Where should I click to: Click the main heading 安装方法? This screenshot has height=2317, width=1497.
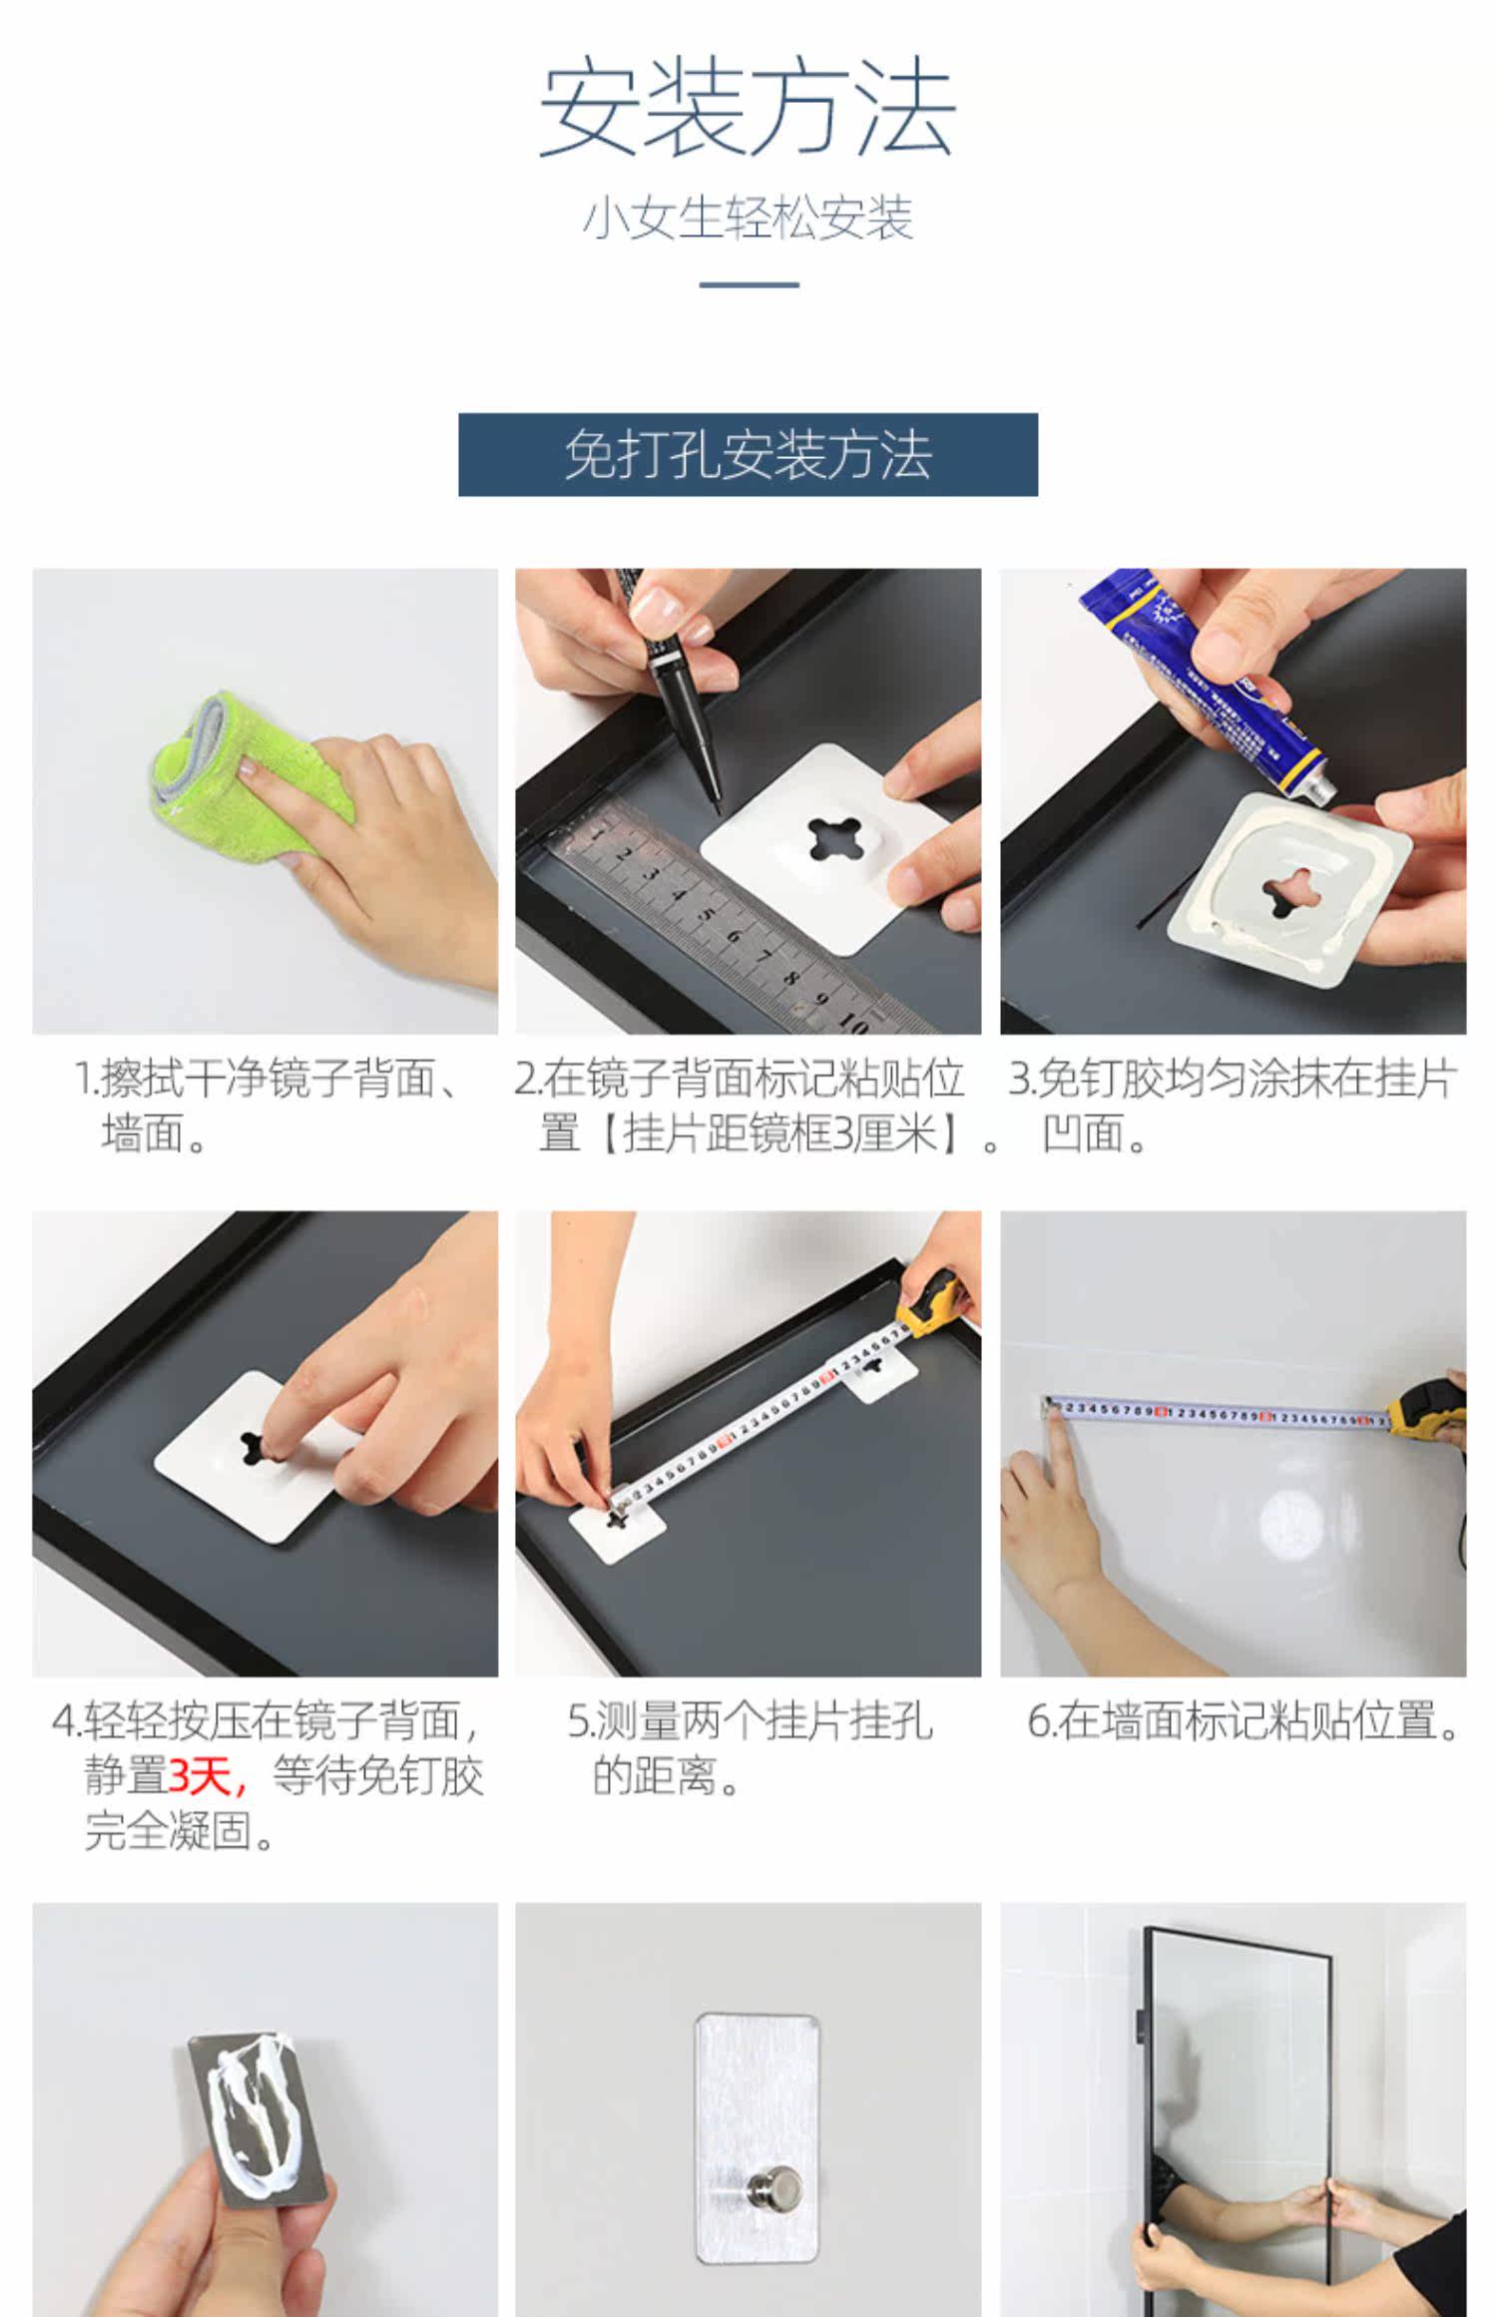(x=748, y=109)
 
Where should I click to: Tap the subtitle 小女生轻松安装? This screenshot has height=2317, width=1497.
(x=748, y=219)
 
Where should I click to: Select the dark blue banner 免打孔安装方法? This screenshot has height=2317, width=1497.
(x=748, y=454)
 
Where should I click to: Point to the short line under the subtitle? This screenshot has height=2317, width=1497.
(x=748, y=284)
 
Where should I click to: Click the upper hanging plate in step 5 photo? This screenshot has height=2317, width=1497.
(x=881, y=1373)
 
